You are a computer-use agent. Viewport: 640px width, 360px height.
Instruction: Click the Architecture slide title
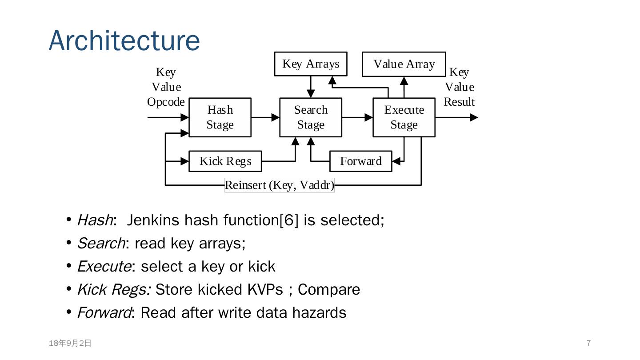(124, 40)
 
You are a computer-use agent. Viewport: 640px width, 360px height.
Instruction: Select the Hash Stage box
(220, 117)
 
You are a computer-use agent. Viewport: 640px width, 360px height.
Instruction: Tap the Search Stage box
(311, 117)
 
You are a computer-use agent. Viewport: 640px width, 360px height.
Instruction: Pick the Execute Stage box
(404, 117)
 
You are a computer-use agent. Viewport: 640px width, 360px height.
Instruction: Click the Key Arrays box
(311, 64)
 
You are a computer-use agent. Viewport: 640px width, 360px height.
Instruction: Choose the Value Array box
(404, 64)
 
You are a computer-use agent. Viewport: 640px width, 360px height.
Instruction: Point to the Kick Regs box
(225, 161)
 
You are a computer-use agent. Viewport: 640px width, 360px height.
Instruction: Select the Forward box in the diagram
(361, 161)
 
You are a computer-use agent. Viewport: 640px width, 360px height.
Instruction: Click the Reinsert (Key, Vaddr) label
(280, 185)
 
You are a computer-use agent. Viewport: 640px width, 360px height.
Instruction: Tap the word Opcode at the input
(166, 102)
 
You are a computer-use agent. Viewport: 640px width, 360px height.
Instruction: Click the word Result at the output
(459, 102)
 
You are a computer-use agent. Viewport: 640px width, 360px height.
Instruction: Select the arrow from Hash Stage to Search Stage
(265, 117)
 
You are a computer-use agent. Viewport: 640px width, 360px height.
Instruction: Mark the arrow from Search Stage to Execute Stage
(357, 117)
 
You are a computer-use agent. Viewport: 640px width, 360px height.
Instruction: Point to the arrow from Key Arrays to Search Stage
(311, 87)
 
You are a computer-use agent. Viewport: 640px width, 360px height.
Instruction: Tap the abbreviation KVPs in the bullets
(265, 289)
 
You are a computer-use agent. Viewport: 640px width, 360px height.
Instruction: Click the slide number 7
(588, 343)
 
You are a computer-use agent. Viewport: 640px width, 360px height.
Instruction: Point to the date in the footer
(70, 343)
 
